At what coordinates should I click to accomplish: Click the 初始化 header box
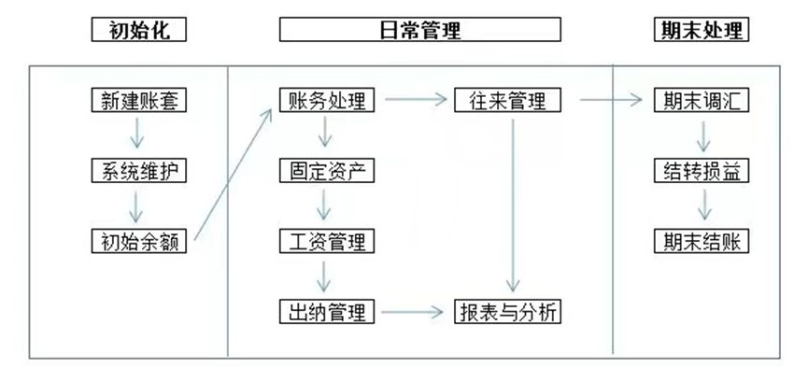click(x=138, y=30)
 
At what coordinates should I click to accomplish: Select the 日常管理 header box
click(x=419, y=30)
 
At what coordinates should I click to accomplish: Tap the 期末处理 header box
click(x=701, y=30)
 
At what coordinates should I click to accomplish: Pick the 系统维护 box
click(x=138, y=171)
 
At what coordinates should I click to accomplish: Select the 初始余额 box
click(x=138, y=241)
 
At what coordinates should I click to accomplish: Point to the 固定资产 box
click(x=327, y=171)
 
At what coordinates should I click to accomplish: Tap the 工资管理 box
click(x=327, y=241)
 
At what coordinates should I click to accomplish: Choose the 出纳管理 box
click(x=327, y=311)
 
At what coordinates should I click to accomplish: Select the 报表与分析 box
click(x=508, y=311)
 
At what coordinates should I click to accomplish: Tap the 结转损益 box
click(x=702, y=171)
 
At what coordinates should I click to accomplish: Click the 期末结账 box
click(x=702, y=241)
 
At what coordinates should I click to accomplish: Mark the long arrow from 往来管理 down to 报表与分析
click(x=512, y=205)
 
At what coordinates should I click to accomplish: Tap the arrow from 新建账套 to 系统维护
click(x=138, y=135)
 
